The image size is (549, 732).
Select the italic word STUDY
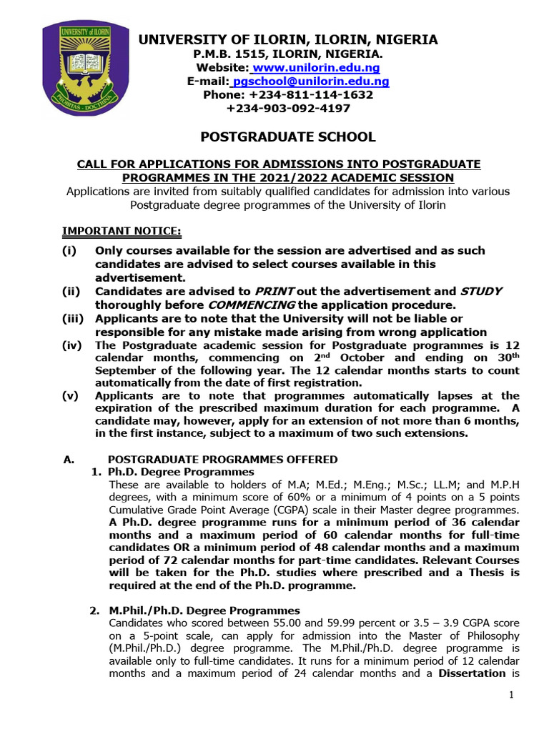[480, 292]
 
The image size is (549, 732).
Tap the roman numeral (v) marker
[70, 395]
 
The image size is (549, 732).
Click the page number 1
[512, 695]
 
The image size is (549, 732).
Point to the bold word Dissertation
[473, 673]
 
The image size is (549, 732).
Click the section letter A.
[69, 460]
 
